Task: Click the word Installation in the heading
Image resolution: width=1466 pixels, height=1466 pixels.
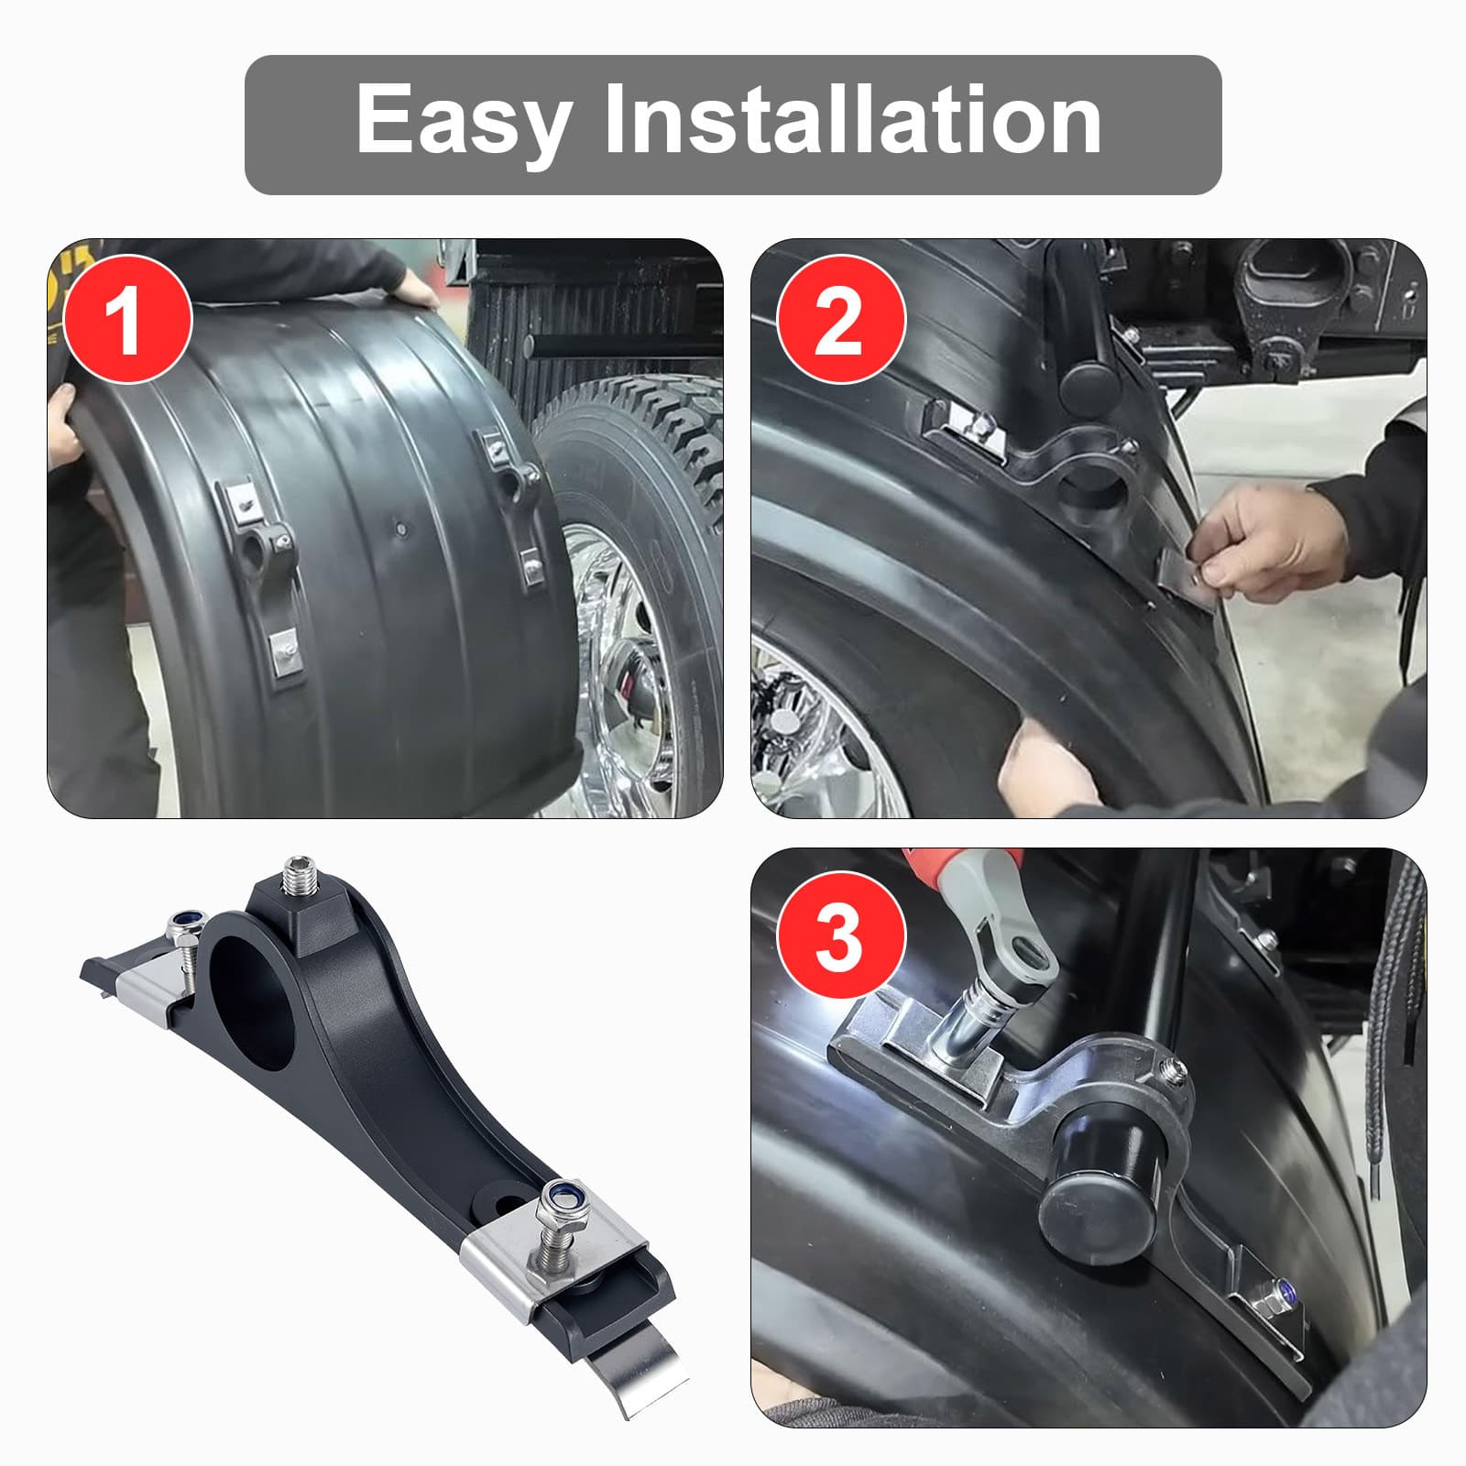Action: pos(852,119)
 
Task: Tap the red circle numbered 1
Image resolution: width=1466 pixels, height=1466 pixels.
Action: pos(126,318)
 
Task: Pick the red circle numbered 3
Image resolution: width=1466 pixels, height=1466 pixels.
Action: pos(841,936)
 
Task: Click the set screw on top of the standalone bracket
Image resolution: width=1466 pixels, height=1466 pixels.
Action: pos(300,879)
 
